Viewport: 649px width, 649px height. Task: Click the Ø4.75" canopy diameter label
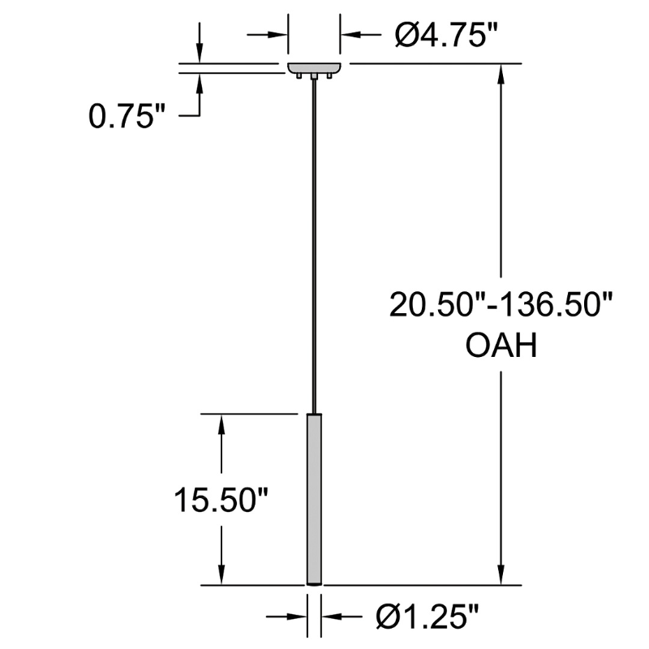[x=445, y=35]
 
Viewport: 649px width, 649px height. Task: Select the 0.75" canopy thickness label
[x=127, y=116]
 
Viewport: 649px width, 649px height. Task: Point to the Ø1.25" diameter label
[x=428, y=617]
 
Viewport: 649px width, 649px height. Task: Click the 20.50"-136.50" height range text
[x=501, y=305]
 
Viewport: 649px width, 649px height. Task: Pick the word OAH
[x=501, y=346]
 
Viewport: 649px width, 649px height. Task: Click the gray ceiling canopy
[x=315, y=68]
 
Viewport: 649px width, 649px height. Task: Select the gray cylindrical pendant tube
[x=315, y=499]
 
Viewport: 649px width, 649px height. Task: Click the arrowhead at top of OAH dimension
[x=501, y=74]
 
